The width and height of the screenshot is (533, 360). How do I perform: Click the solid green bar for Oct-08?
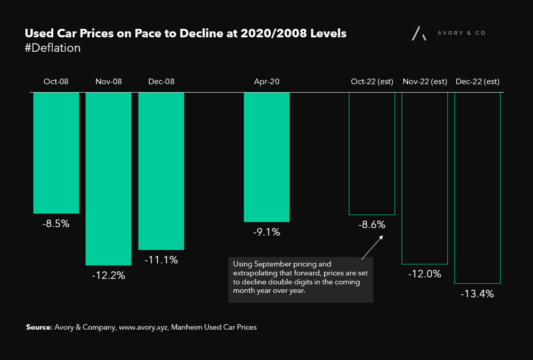[56, 153]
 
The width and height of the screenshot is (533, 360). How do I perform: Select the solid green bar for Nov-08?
[108, 179]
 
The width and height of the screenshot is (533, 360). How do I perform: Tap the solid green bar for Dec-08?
[161, 171]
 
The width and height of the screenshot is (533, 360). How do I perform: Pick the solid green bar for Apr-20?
[266, 157]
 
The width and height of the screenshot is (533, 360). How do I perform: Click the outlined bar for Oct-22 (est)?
[372, 153]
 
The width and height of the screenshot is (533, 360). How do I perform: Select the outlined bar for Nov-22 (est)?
[424, 178]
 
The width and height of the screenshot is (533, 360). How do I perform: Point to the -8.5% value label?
[56, 224]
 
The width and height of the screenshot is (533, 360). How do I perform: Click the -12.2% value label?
[108, 276]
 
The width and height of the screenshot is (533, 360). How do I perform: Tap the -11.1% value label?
[161, 260]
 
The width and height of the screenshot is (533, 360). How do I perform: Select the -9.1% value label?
[266, 232]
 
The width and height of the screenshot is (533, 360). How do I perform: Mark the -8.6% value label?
[372, 225]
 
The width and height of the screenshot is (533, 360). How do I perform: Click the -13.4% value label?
[477, 294]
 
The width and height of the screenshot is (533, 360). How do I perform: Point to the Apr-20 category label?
[266, 82]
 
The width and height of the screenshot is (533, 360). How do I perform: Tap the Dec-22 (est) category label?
[477, 82]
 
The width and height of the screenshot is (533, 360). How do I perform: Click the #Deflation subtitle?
[53, 48]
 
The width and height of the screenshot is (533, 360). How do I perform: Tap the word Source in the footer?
[38, 327]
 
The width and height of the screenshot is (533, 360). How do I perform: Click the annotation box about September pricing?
[301, 280]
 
